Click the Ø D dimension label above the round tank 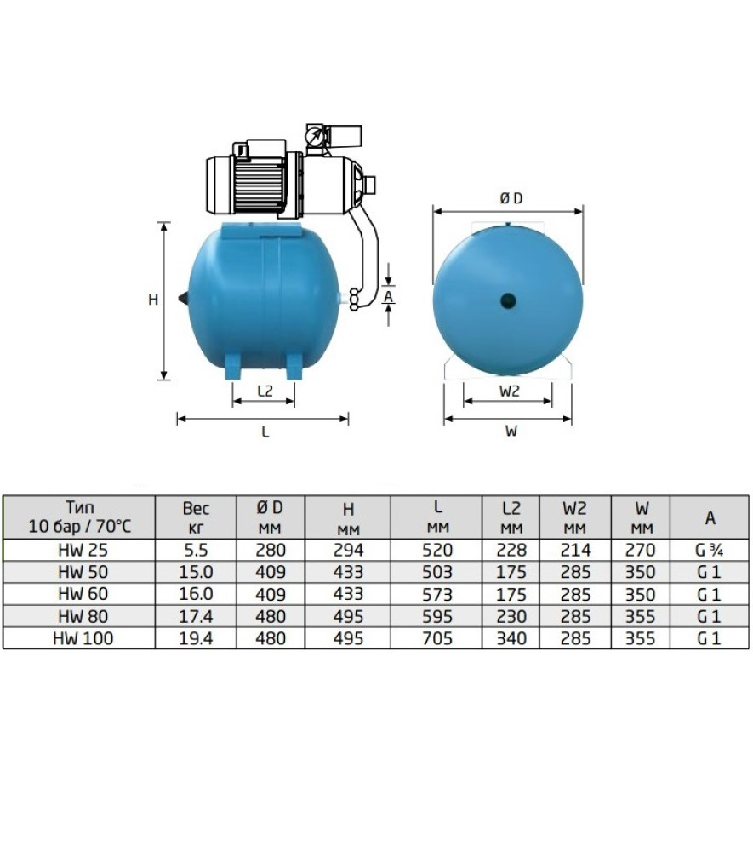tap(511, 198)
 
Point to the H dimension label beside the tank tap(153, 299)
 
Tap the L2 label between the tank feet tap(265, 391)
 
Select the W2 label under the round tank tap(509, 391)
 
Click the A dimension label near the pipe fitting tap(389, 297)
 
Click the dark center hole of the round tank tap(508, 300)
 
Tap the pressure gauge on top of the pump tap(314, 134)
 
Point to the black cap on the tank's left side tap(184, 298)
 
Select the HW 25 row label tap(83, 551)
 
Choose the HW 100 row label tap(83, 638)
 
